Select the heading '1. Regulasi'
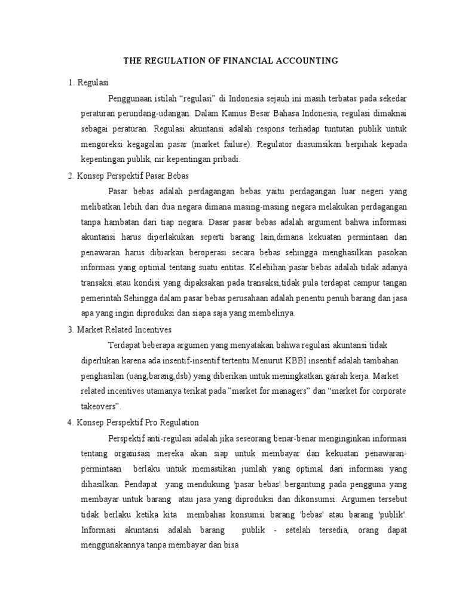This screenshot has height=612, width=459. (x=93, y=82)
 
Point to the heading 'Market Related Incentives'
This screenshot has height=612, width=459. (x=124, y=329)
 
